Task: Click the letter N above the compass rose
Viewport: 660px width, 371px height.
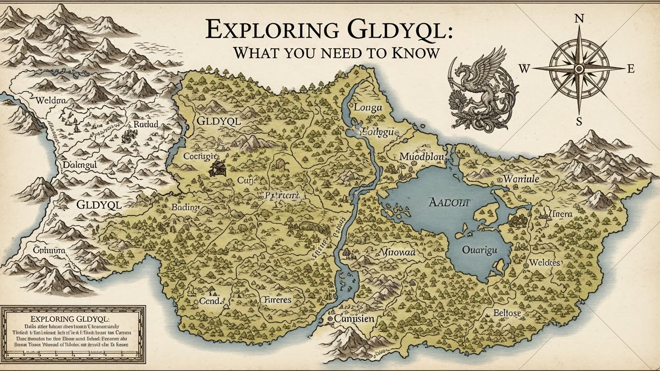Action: pos(578,19)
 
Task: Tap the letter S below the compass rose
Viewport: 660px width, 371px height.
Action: pos(579,121)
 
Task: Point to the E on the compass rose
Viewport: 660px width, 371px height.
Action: pos(630,69)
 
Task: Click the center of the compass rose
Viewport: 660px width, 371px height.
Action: pos(578,69)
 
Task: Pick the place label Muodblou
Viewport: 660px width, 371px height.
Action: pos(422,157)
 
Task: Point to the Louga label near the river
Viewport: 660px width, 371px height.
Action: pos(368,108)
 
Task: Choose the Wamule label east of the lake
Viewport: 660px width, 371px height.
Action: pos(521,179)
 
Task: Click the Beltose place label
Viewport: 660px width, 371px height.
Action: pos(507,313)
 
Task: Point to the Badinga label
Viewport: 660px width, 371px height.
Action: pos(186,207)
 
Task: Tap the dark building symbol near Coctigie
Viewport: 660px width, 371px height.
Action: pos(217,168)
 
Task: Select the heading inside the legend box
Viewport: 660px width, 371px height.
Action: pos(70,319)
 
